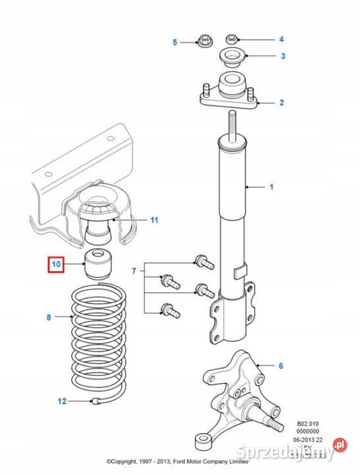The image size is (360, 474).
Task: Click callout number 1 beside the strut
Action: tap(270, 188)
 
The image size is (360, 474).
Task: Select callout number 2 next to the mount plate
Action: tap(281, 103)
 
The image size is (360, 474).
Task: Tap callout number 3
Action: tap(282, 56)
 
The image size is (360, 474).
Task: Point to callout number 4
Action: tap(281, 39)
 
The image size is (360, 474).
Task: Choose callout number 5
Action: tap(175, 43)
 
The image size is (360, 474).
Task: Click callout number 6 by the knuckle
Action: tap(280, 366)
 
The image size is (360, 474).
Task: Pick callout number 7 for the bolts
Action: tap(134, 271)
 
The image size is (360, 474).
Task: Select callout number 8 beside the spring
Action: tap(49, 317)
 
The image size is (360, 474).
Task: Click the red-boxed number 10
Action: tap(56, 265)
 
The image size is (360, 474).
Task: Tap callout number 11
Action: tap(154, 219)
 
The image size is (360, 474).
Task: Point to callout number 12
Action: tap(63, 400)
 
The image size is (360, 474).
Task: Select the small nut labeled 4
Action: tap(232, 39)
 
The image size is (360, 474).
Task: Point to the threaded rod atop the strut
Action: tap(232, 124)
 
